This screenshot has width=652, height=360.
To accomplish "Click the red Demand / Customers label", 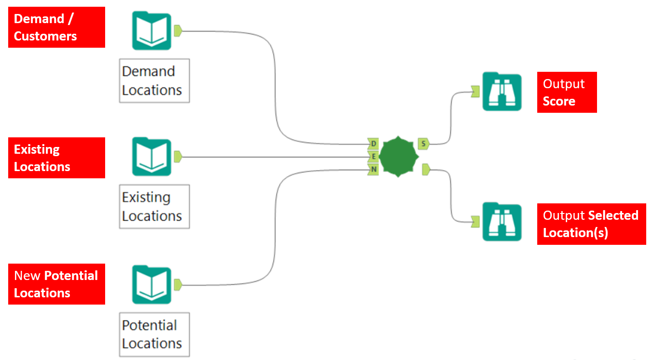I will click(56, 27).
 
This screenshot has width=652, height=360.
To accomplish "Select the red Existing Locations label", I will click(56, 158).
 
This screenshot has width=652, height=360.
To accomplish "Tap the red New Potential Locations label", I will click(56, 284).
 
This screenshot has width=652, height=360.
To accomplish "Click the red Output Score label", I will click(567, 93).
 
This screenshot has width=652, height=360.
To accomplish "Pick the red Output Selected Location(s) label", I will click(591, 224).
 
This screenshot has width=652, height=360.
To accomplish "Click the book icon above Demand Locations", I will click(151, 31).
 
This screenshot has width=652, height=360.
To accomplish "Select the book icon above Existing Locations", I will click(151, 157).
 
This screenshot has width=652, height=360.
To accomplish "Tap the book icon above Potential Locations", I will click(151, 285).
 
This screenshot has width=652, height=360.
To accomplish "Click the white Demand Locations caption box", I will click(154, 81).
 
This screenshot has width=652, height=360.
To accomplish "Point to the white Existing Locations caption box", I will click(154, 207).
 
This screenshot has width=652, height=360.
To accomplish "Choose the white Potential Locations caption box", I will click(154, 334).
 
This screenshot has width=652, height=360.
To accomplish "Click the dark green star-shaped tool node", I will click(398, 156).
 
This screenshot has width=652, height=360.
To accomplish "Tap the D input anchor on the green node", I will click(373, 143).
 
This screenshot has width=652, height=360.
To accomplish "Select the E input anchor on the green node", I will click(373, 156).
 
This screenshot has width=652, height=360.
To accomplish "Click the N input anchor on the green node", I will click(373, 169).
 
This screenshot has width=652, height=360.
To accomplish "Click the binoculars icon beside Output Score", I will click(502, 92).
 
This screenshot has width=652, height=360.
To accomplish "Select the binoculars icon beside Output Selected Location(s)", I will click(502, 222).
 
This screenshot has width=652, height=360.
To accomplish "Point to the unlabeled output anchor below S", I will click(426, 169).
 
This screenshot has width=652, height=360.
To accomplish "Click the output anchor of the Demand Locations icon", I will click(177, 31).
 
